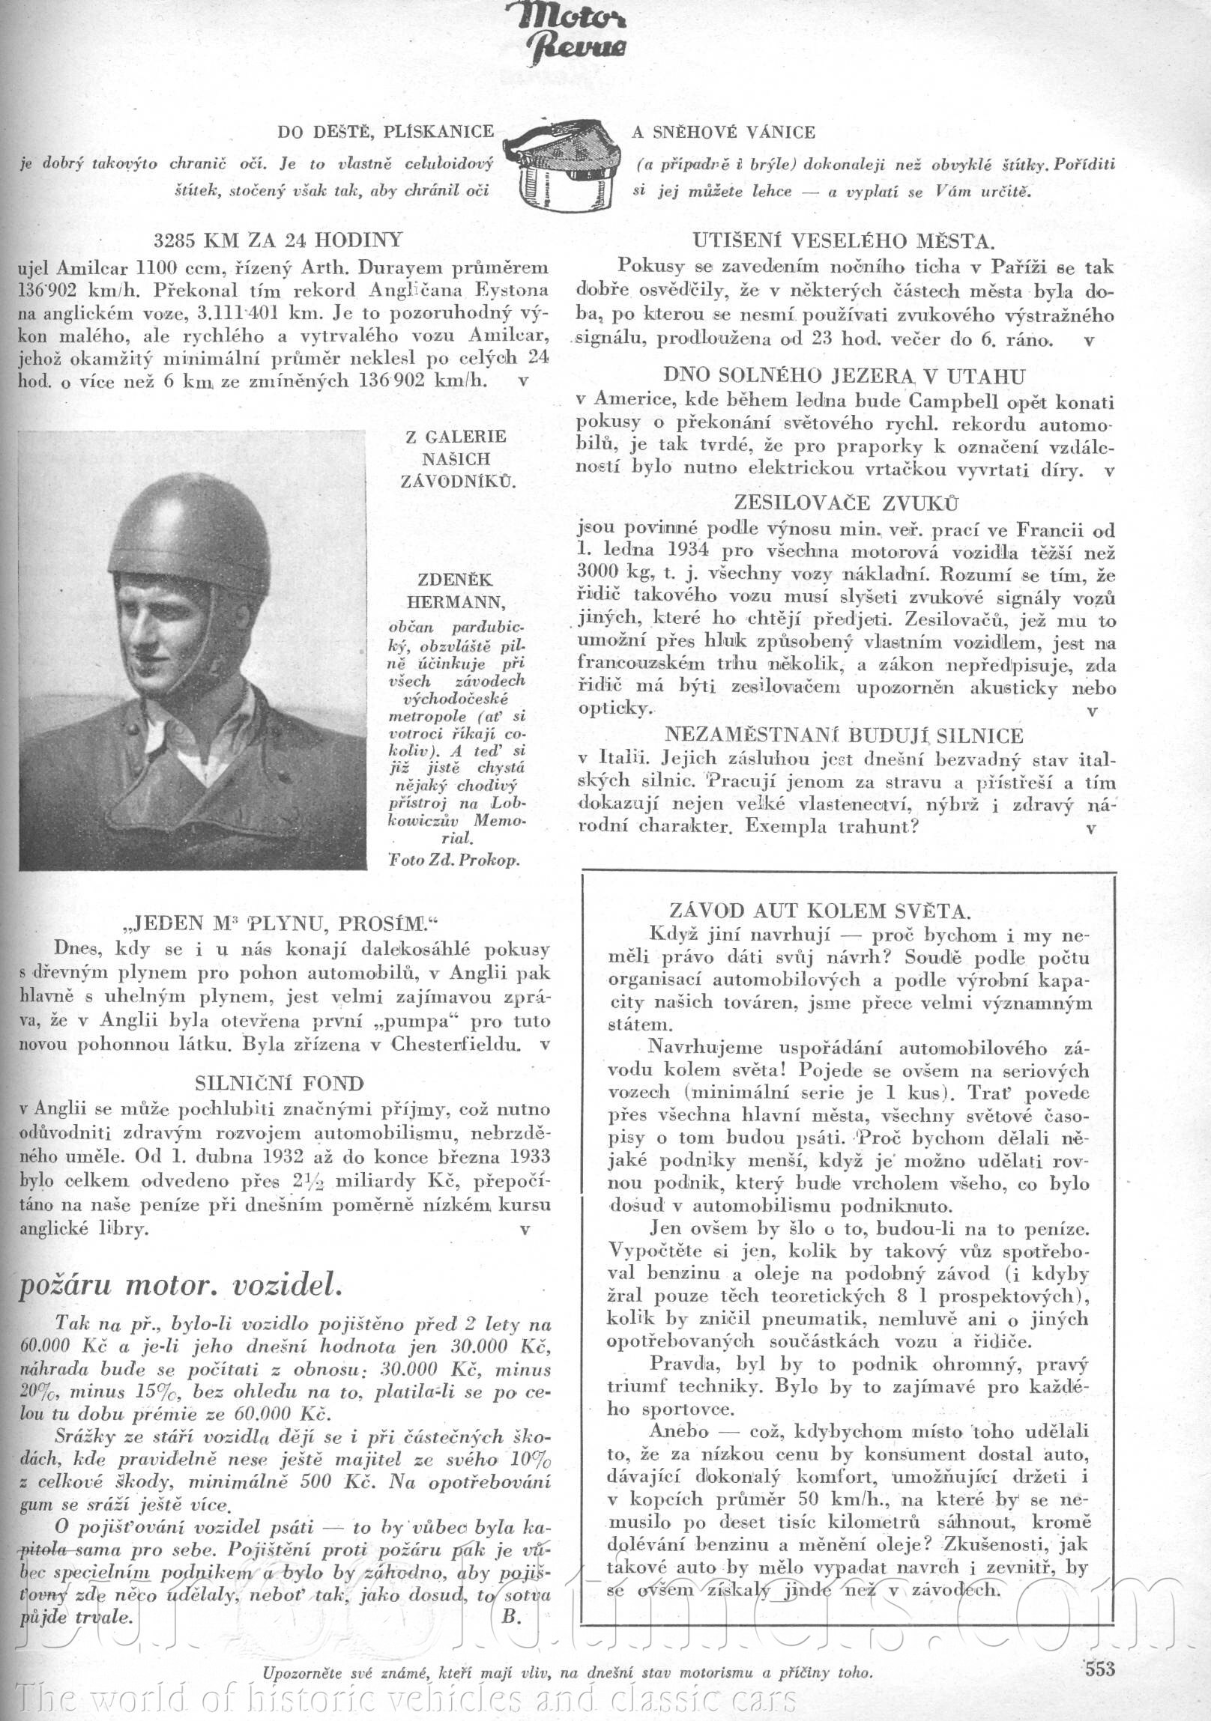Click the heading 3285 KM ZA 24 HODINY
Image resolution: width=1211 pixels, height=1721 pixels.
(x=278, y=240)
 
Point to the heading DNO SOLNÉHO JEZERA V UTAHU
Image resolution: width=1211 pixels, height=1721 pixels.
(x=844, y=376)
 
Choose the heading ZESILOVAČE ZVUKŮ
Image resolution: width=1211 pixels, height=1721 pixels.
(x=846, y=503)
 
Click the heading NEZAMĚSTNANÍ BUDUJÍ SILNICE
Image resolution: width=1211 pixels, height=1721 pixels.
(x=844, y=735)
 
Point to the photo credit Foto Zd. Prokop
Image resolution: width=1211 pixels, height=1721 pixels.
(x=453, y=860)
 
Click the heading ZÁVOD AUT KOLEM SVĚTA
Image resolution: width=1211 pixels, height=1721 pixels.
(x=820, y=911)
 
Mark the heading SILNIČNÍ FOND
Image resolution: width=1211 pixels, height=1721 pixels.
(x=279, y=1084)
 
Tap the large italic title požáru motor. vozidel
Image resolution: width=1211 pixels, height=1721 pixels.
(x=181, y=1285)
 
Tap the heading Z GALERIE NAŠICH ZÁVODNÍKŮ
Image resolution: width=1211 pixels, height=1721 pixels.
(x=456, y=458)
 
